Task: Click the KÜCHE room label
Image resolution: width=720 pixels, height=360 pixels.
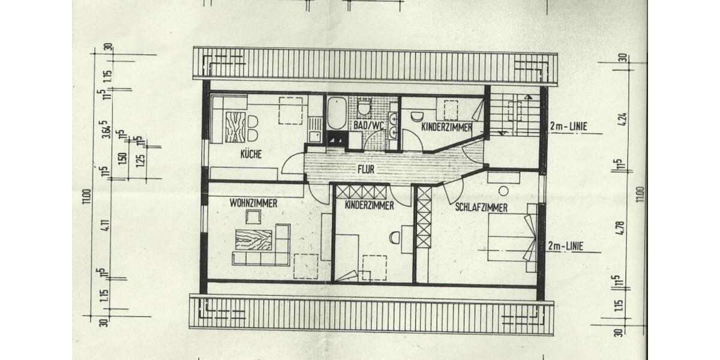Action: (x=251, y=154)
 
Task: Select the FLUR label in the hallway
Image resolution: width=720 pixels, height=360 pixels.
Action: (x=365, y=169)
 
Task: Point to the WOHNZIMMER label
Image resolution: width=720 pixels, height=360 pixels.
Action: (x=253, y=203)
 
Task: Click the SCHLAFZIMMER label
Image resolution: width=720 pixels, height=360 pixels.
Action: (x=481, y=208)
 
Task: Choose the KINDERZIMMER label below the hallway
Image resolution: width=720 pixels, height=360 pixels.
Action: (x=369, y=205)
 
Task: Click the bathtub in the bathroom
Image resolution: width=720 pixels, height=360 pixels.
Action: (x=337, y=113)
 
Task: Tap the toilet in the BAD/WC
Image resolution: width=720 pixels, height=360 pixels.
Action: (x=364, y=109)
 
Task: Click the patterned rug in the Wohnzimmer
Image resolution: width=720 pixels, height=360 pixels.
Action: (x=253, y=240)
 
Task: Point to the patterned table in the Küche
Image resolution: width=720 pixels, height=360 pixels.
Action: (x=235, y=127)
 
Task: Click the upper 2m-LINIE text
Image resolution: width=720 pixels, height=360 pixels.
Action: (x=567, y=127)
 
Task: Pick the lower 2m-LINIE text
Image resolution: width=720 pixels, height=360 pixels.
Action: (x=566, y=245)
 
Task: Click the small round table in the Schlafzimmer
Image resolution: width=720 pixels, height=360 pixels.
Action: (x=503, y=190)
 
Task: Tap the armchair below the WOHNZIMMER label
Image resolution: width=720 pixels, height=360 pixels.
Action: (x=253, y=217)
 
